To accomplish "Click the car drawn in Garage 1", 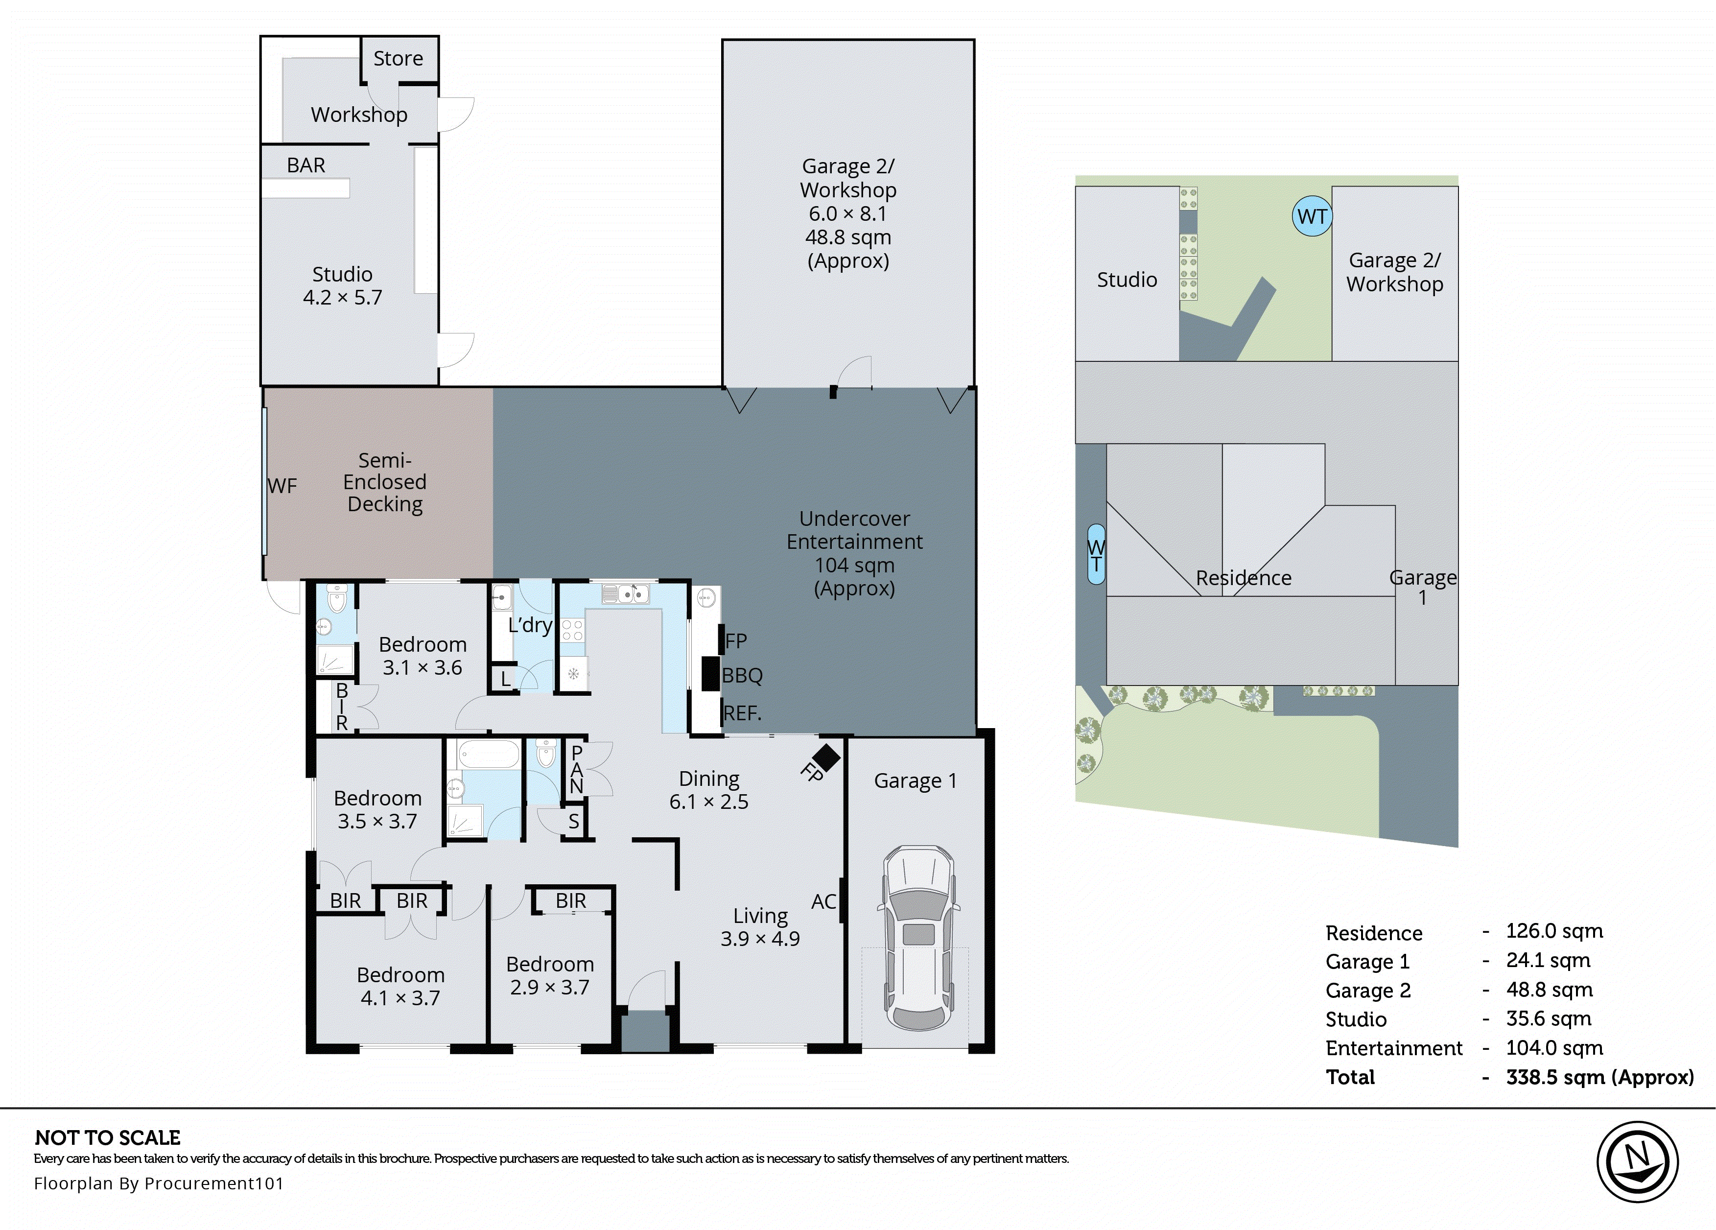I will tap(918, 939).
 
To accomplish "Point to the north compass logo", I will tap(1637, 1161).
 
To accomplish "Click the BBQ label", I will tap(742, 675).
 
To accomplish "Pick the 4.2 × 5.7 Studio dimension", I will tap(342, 298).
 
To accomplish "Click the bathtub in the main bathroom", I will tap(489, 755).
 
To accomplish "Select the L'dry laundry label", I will tap(530, 625).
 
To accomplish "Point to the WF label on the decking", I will tap(282, 486).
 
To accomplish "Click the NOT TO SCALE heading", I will tap(107, 1137).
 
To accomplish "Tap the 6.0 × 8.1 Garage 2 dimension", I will tap(847, 213).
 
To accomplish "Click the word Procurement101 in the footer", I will tap(213, 1183).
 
